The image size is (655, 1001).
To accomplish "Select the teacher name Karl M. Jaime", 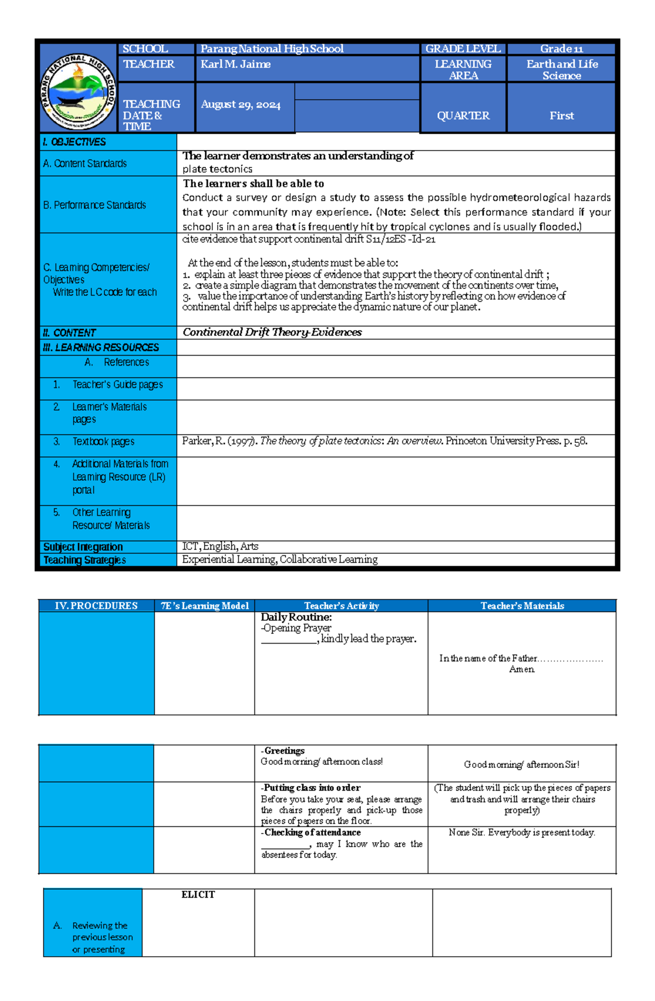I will [235, 64].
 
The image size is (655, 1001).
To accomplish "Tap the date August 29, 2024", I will [240, 105].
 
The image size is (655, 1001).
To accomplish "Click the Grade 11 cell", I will [561, 49].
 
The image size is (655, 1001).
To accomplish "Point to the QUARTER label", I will [463, 116].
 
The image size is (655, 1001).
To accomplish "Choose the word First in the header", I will [561, 116].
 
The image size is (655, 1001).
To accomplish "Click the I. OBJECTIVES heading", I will [74, 142].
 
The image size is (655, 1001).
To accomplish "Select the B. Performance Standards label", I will [94, 205].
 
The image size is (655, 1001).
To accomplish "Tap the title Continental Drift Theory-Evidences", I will [272, 332].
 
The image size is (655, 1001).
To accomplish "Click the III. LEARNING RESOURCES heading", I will [101, 347].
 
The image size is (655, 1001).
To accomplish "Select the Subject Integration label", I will [83, 547].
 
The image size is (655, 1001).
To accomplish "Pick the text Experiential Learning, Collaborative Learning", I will [279, 559].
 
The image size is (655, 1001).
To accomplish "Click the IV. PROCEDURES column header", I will [96, 606].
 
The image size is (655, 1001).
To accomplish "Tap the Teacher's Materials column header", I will [522, 606].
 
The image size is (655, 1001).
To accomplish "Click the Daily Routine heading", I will [296, 617].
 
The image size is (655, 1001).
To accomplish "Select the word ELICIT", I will [198, 895].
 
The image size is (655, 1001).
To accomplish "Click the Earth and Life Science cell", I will [561, 70].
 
